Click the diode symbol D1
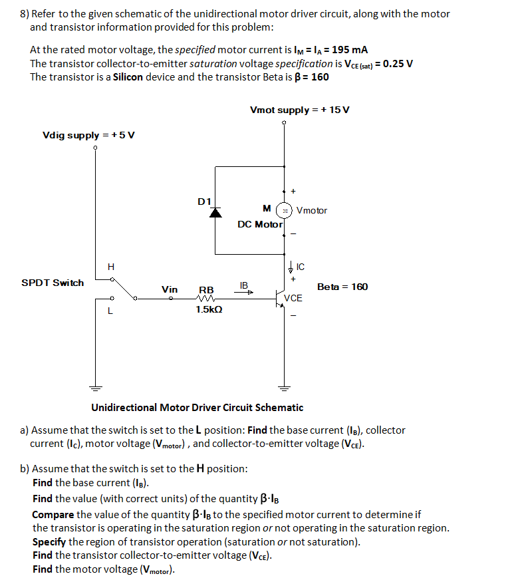click(215, 212)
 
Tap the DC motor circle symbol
click(285, 210)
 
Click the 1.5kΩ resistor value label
click(209, 310)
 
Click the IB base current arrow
click(244, 291)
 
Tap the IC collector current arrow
click(291, 268)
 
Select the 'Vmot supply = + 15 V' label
click(299, 110)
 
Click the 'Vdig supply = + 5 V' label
click(88, 135)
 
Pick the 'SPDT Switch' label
click(53, 283)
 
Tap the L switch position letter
click(110, 310)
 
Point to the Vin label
click(170, 289)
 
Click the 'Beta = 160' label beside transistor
click(342, 287)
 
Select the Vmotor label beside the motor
click(312, 211)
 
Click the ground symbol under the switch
click(95, 388)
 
